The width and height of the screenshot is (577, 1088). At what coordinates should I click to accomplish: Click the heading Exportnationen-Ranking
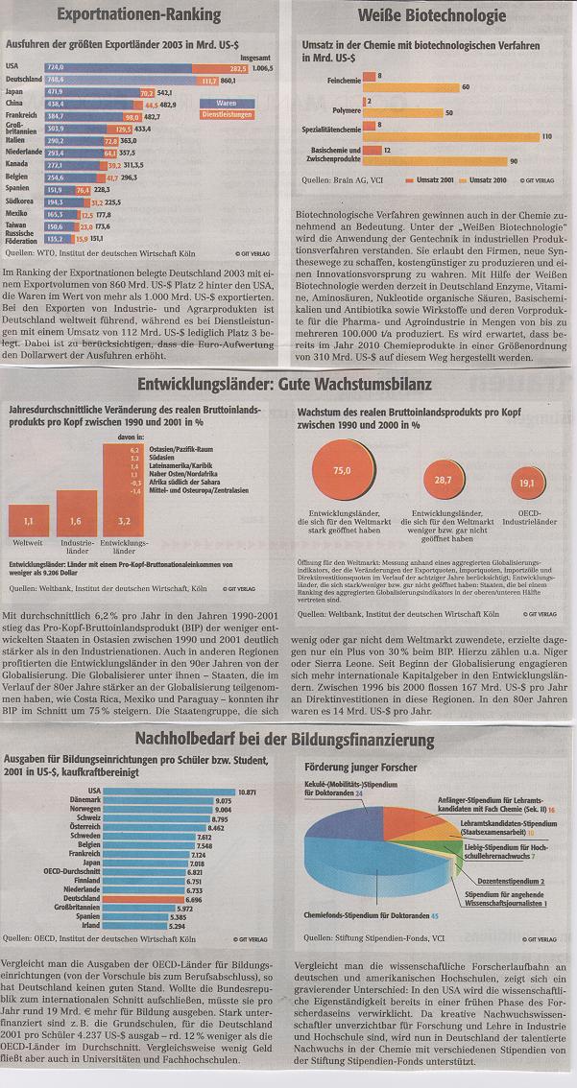tap(138, 15)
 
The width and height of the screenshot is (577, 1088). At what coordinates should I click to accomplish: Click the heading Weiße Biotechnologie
tap(431, 16)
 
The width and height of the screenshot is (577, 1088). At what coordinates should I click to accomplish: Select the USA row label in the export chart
tap(13, 65)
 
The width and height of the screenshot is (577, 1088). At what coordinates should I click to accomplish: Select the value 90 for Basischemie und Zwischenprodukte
tap(514, 160)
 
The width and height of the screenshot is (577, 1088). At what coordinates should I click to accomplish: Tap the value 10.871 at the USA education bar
tap(247, 792)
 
